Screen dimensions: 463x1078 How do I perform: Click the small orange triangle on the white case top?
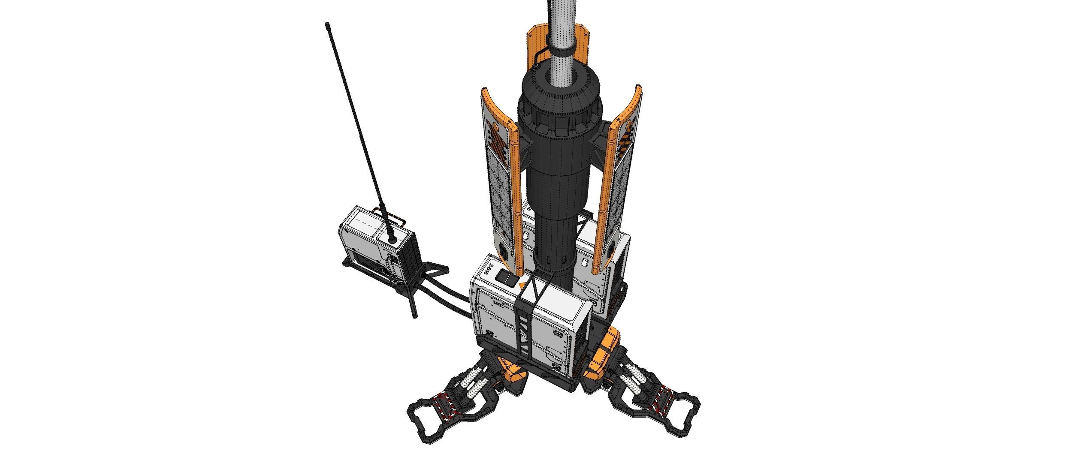(x=521, y=286)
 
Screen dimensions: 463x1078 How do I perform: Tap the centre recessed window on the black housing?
(x=561, y=124)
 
